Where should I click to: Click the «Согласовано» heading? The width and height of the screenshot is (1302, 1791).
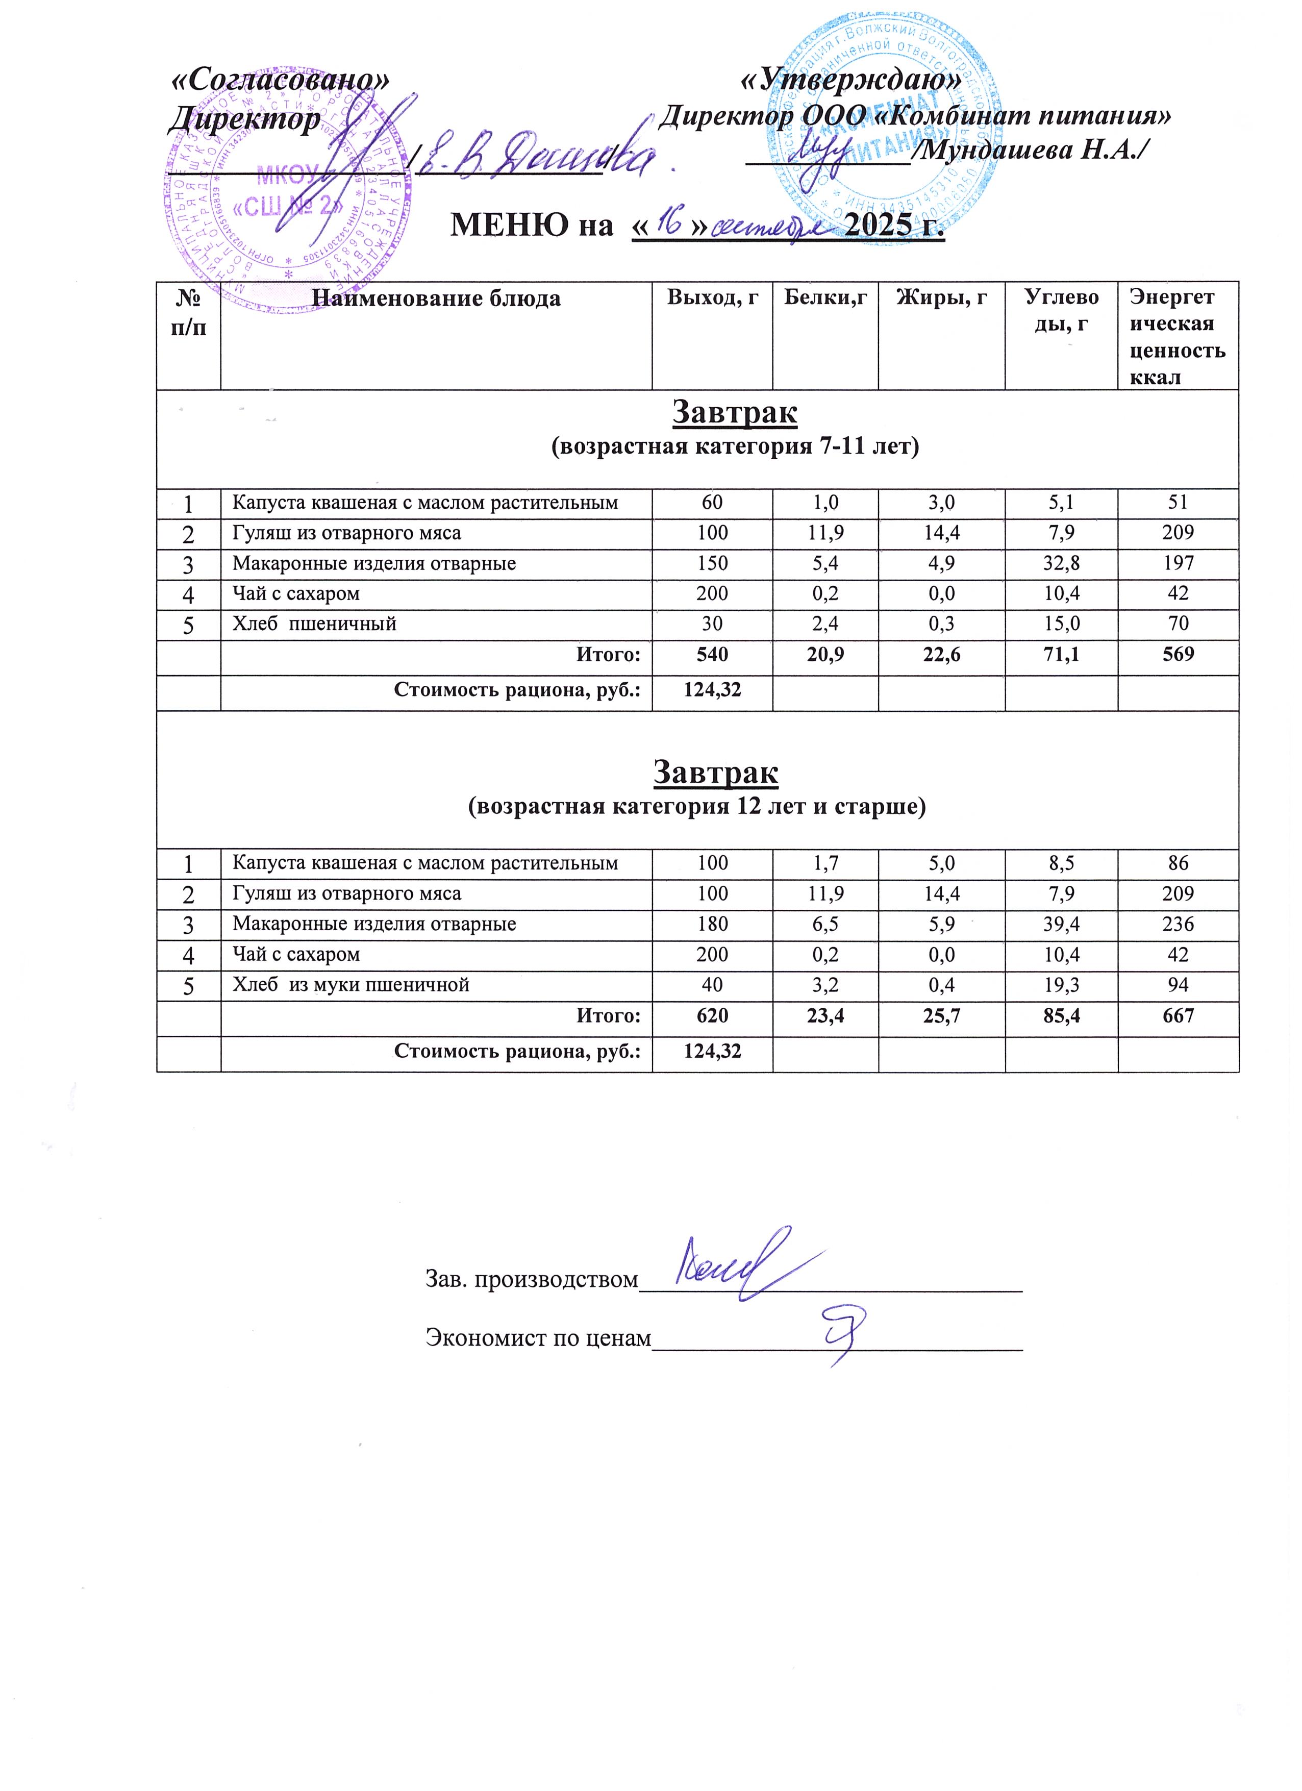(x=280, y=81)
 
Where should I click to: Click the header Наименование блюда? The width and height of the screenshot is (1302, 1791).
(x=436, y=298)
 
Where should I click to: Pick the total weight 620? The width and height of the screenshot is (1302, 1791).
(x=712, y=1015)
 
